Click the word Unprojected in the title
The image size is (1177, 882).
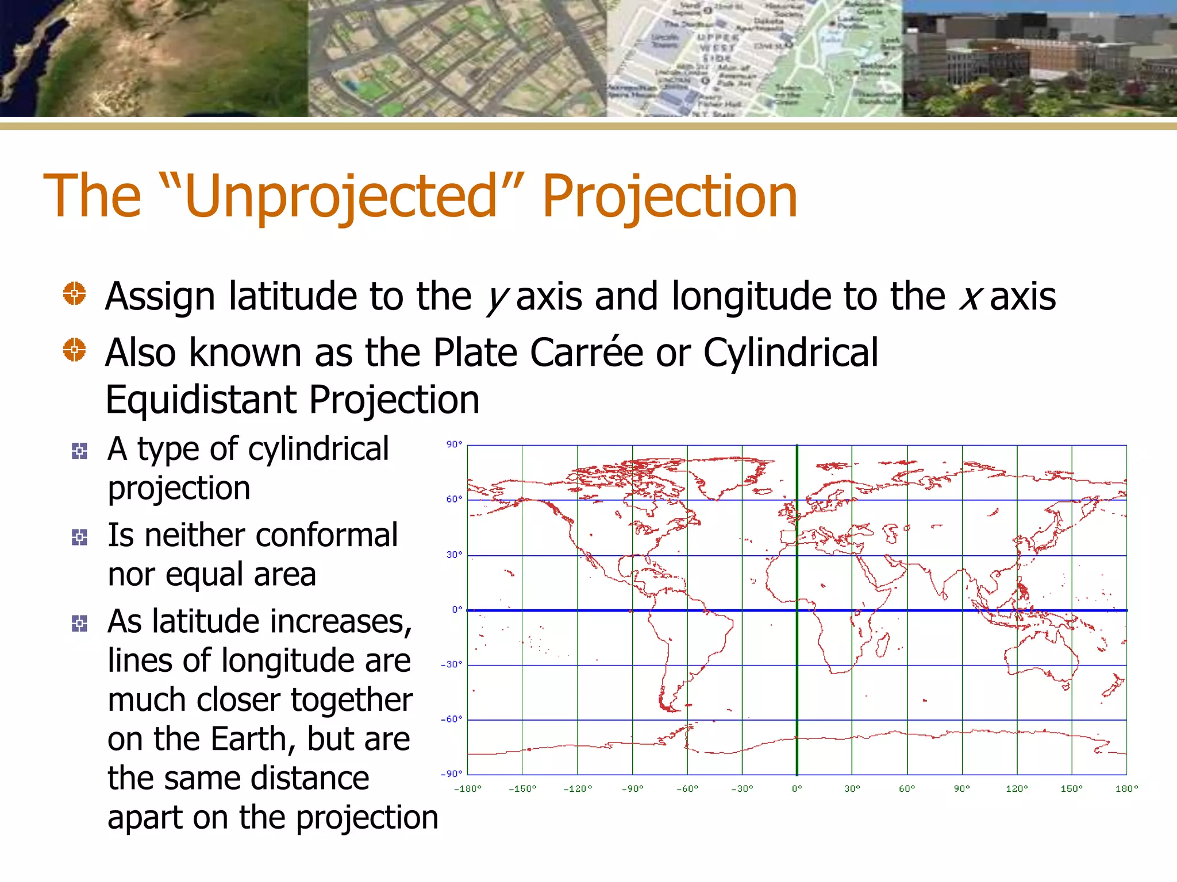click(340, 197)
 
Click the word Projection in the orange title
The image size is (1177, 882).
click(670, 197)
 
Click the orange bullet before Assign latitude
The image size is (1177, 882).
click(74, 293)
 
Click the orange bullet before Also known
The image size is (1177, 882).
click(74, 349)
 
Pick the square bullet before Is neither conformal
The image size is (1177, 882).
click(79, 537)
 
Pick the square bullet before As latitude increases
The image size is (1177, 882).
click(79, 623)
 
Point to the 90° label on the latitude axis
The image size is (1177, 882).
click(454, 444)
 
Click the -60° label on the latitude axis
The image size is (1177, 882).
click(452, 719)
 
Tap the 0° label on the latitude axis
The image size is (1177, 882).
click(457, 609)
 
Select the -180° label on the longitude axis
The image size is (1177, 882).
click(467, 789)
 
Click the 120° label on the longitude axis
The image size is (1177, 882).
click(1016, 789)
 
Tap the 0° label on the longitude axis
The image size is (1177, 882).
click(797, 789)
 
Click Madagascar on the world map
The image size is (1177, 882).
click(883, 645)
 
